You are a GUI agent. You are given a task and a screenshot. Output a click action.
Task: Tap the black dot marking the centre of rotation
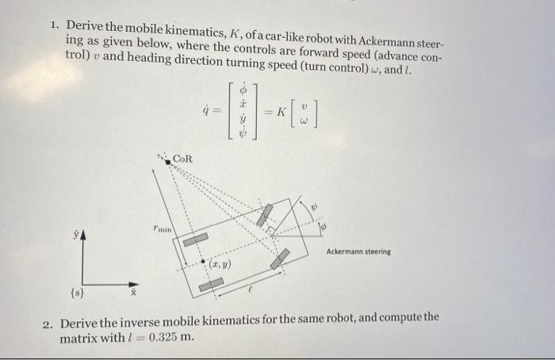[x=168, y=163]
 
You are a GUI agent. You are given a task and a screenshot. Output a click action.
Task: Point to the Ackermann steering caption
[x=358, y=251]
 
